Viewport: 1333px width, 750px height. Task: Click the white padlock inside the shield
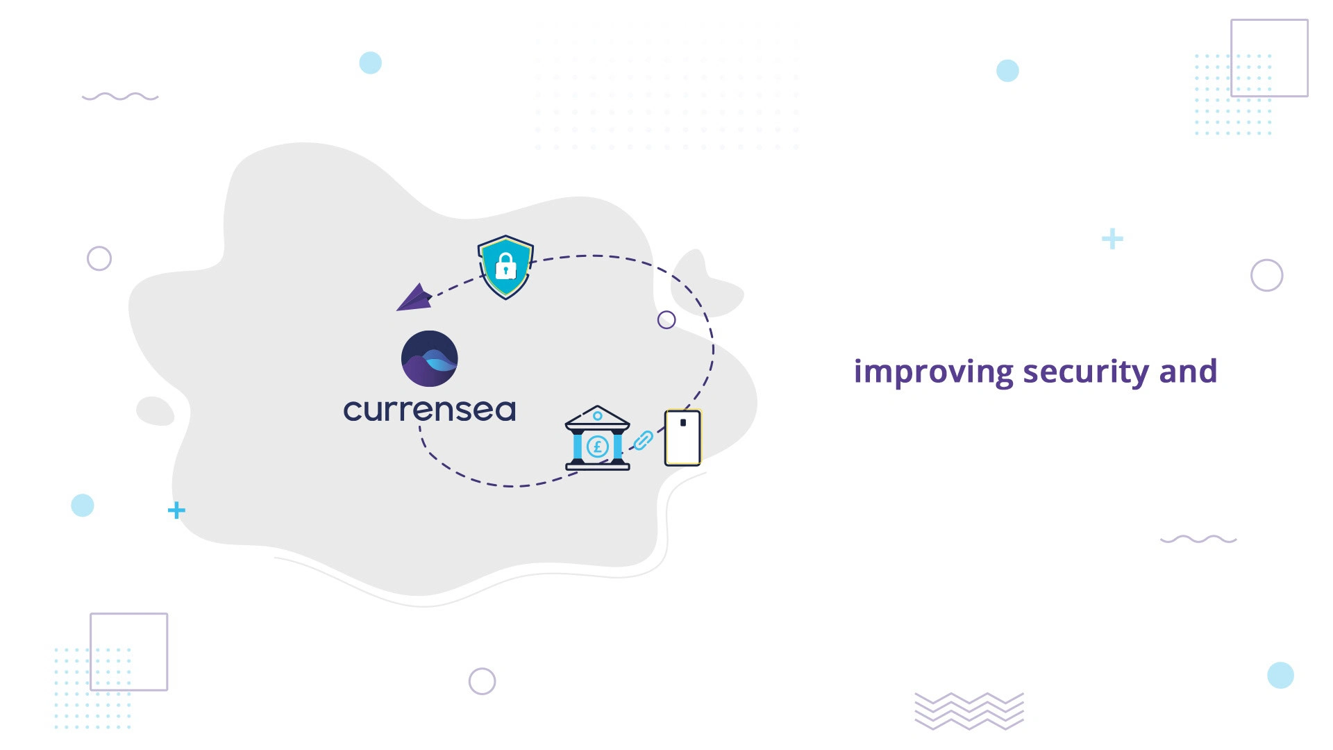(x=505, y=266)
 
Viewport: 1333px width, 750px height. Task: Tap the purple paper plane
(x=414, y=298)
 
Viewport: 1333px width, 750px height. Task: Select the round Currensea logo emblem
(x=430, y=358)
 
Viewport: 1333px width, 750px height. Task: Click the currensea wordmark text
(x=430, y=410)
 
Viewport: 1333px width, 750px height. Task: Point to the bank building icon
(x=598, y=438)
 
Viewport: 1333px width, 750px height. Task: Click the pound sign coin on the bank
(x=598, y=447)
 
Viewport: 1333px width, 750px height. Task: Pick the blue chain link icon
(x=644, y=440)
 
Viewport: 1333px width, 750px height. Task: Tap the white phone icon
(x=683, y=437)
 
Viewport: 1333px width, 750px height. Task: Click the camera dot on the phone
(x=683, y=422)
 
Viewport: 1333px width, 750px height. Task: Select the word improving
(x=934, y=372)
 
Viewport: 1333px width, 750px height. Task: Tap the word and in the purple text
(x=1188, y=371)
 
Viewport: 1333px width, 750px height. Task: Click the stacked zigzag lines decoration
(x=969, y=711)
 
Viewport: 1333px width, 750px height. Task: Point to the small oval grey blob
(x=155, y=410)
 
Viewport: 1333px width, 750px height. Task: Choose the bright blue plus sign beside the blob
(x=176, y=510)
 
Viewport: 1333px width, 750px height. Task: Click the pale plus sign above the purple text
(x=1112, y=239)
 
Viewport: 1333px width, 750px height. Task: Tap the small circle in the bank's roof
(x=597, y=416)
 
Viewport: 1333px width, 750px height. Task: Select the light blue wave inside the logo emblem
(x=439, y=360)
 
